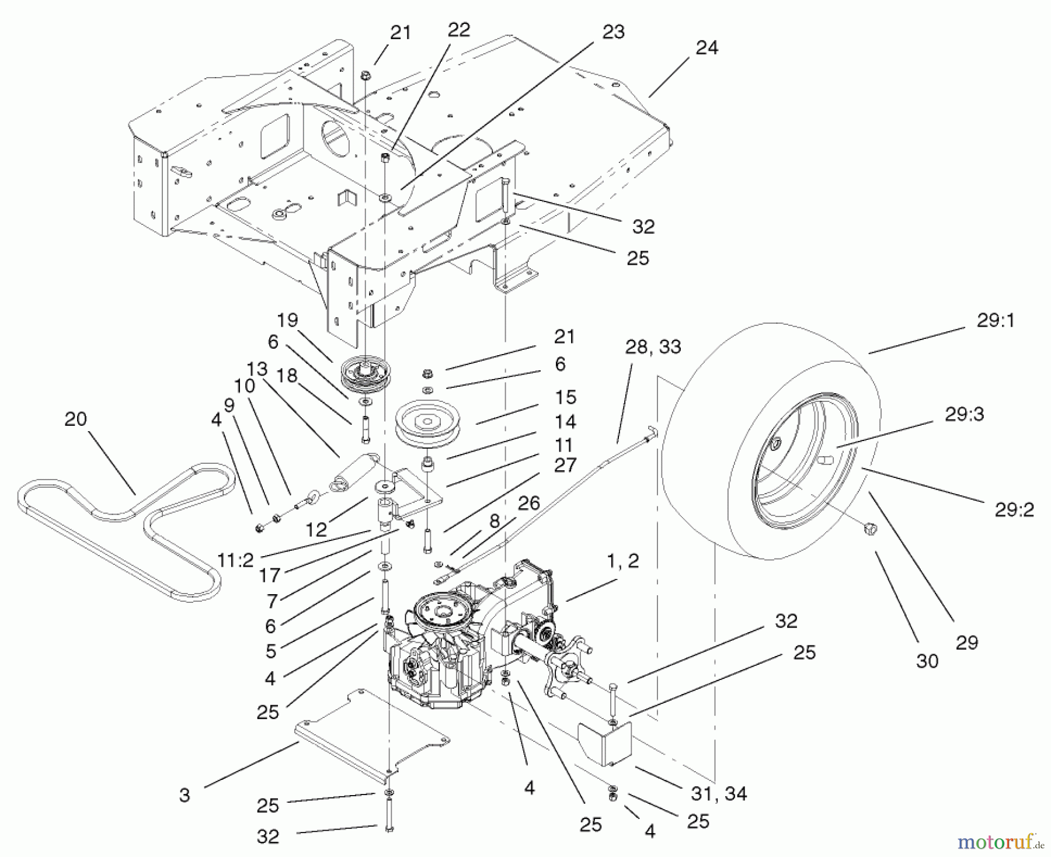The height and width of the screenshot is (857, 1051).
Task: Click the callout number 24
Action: [707, 48]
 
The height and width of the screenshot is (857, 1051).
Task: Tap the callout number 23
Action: [613, 32]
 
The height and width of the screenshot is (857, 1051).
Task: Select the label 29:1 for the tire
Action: [995, 321]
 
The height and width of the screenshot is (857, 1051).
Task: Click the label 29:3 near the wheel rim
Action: [964, 415]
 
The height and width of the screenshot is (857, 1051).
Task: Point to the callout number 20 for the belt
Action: [75, 419]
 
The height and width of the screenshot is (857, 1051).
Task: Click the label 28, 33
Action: [653, 347]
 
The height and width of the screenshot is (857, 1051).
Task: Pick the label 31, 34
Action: [719, 793]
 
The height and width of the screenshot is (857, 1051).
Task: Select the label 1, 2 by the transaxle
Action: [622, 561]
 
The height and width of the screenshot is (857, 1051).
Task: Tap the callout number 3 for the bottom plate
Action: [185, 795]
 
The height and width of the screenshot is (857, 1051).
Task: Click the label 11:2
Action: [235, 560]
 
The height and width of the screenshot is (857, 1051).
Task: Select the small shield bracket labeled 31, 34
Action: [604, 741]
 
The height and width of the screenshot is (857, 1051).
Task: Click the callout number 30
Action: [927, 661]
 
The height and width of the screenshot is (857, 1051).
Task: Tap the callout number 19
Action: [287, 320]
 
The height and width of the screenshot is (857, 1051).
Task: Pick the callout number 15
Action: [565, 397]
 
